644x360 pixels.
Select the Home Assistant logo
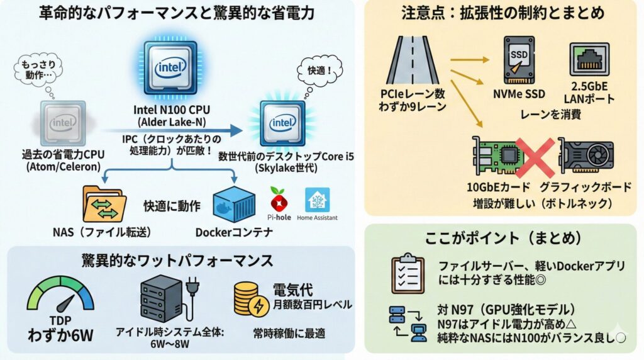tap(317, 200)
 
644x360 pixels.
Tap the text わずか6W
tap(60, 334)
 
